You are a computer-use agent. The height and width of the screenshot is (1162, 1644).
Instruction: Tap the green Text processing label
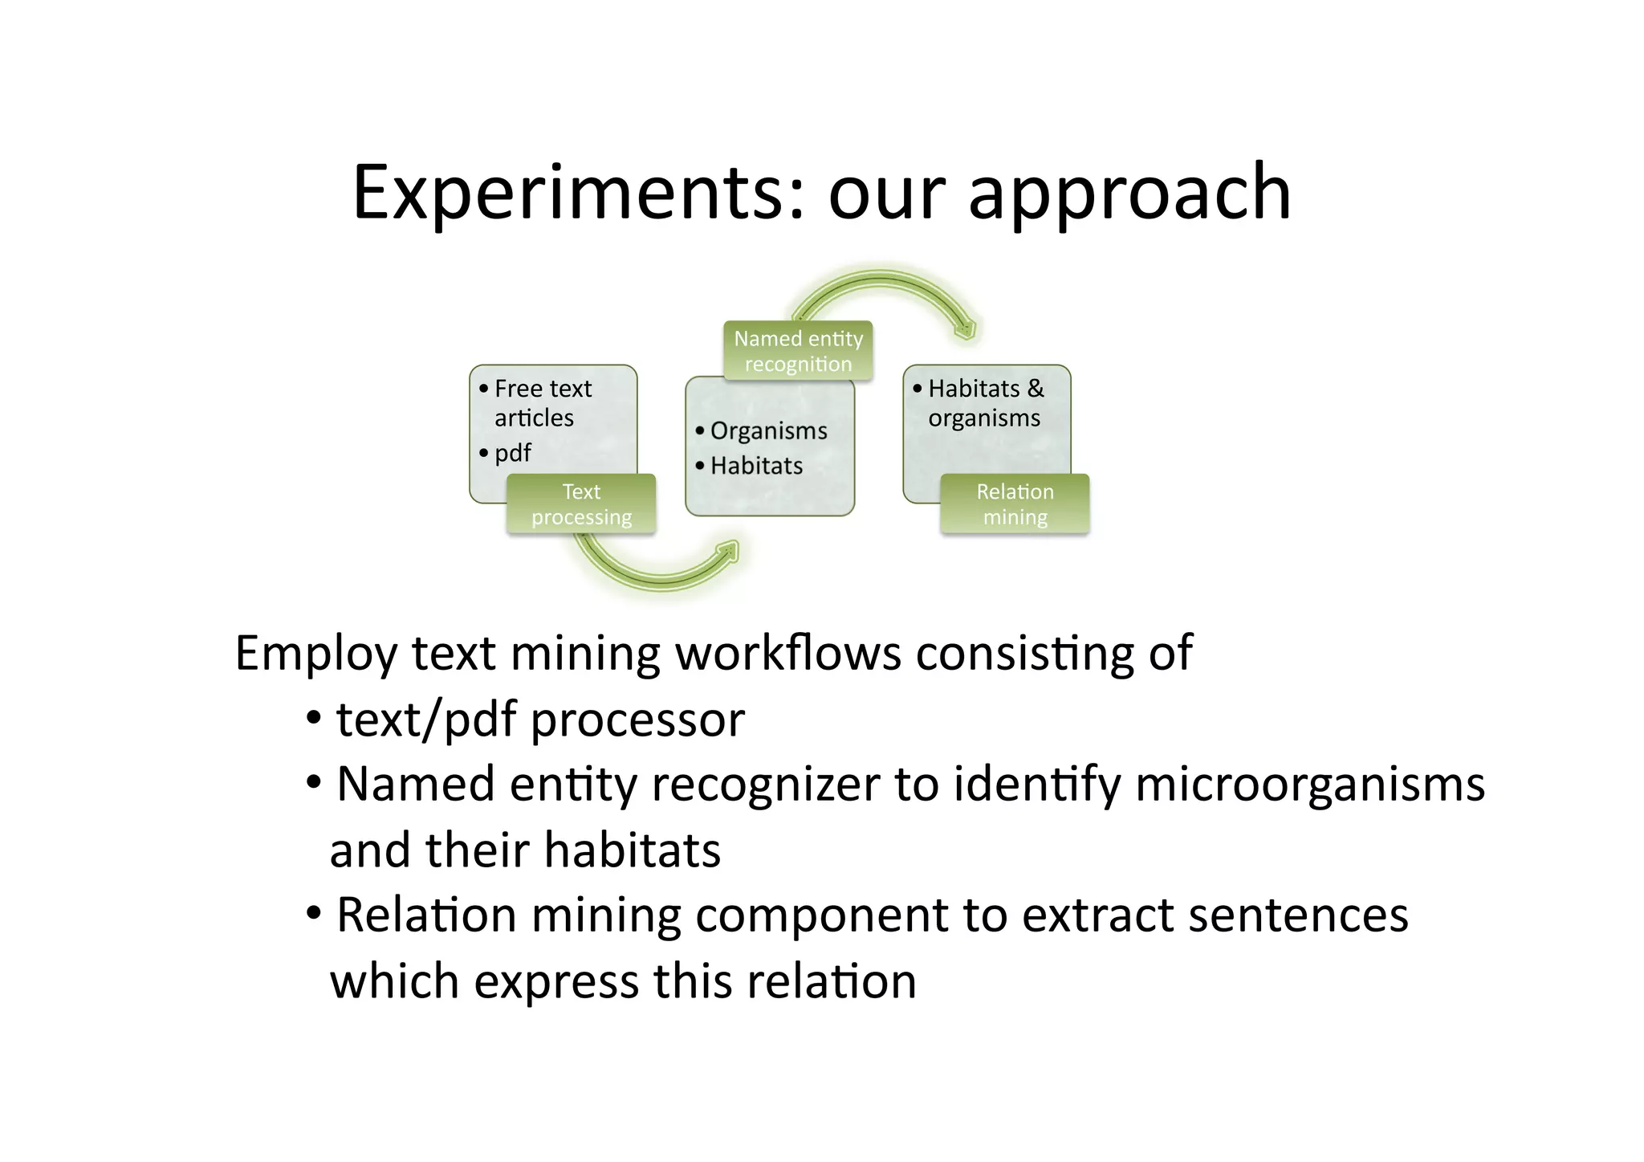[581, 504]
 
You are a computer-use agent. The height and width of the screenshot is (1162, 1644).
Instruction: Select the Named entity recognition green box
[798, 351]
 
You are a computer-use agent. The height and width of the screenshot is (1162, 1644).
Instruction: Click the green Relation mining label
[1015, 504]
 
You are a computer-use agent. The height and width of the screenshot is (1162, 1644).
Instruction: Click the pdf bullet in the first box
[512, 453]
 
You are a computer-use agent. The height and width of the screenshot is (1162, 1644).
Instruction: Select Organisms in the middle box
[768, 431]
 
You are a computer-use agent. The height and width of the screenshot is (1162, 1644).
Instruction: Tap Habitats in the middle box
[756, 466]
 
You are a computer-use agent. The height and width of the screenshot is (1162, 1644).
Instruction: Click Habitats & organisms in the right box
[986, 403]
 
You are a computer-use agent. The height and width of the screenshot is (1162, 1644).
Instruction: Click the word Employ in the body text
[315, 653]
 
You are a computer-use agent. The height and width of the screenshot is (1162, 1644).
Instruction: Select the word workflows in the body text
[788, 653]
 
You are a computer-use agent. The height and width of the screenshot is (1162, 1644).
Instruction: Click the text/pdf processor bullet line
[539, 720]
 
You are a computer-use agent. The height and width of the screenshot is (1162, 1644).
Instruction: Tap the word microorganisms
[1309, 785]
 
